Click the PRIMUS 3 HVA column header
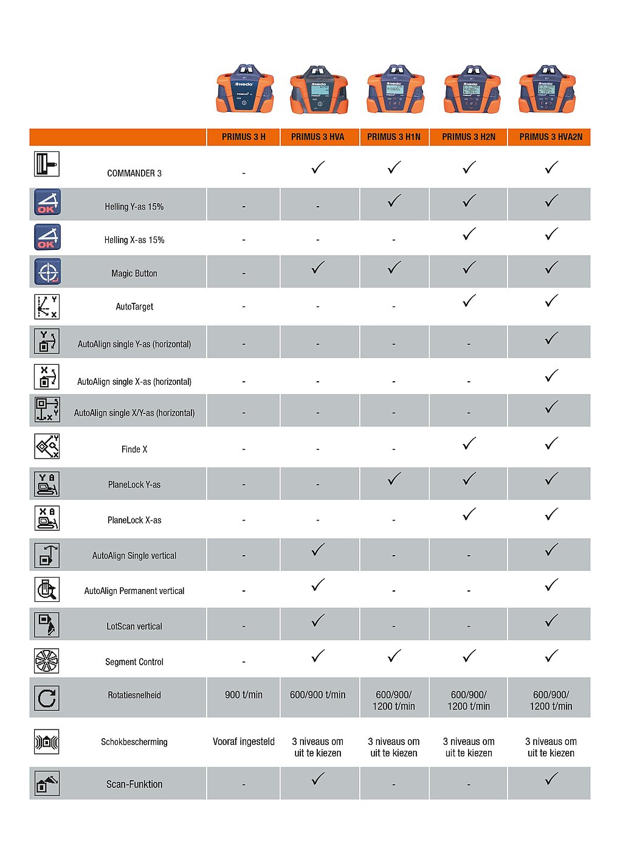click(317, 137)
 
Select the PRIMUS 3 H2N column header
click(469, 137)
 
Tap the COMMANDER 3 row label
click(134, 173)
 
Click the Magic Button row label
click(134, 274)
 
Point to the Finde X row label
click(134, 449)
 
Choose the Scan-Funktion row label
click(134, 784)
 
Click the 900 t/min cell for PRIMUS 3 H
click(244, 695)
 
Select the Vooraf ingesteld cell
click(244, 742)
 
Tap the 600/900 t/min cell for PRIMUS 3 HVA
click(317, 695)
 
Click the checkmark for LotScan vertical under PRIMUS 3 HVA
click(318, 621)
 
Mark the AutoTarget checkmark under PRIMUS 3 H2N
click(469, 301)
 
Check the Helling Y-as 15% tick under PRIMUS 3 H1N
click(394, 201)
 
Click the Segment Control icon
click(47, 661)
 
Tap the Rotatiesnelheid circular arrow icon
click(47, 698)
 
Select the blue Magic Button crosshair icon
click(47, 272)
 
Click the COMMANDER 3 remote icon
click(47, 164)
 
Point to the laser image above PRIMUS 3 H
click(245, 89)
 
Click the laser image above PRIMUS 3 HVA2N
click(547, 89)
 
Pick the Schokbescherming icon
click(47, 742)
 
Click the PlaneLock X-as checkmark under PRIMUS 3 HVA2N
click(551, 515)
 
